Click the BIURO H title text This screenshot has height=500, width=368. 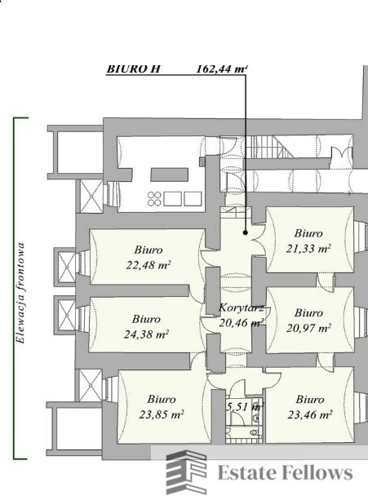coord(133,69)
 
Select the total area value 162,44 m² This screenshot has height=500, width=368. coord(222,69)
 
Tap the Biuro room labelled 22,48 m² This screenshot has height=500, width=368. coord(148,257)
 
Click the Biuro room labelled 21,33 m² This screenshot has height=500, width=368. coord(309,240)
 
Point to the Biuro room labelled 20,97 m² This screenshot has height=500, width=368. coord(309,321)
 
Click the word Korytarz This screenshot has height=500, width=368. coord(242,308)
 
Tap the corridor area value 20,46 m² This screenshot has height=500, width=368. coord(242,323)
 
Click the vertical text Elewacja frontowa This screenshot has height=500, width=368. coord(21,294)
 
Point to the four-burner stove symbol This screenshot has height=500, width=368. coord(154,199)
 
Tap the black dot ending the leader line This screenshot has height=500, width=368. coord(246,232)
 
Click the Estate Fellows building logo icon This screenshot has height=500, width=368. coord(187,472)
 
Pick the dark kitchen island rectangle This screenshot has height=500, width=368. coord(170,175)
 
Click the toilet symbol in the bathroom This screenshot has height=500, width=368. coord(255,433)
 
